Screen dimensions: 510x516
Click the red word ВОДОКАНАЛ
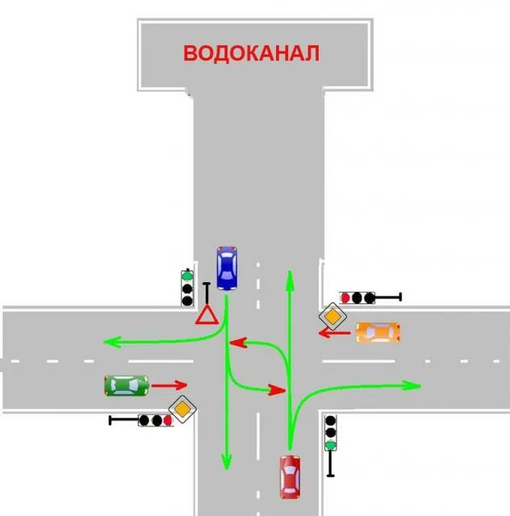click(x=251, y=53)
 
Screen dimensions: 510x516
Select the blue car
click(x=227, y=268)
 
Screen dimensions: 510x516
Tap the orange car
click(x=378, y=332)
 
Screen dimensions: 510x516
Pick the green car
click(x=126, y=385)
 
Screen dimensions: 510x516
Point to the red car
click(x=290, y=476)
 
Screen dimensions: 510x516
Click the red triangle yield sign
click(x=207, y=315)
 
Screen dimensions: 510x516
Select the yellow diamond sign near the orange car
click(x=332, y=316)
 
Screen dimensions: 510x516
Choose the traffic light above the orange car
click(x=357, y=298)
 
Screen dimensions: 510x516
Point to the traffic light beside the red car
click(x=330, y=433)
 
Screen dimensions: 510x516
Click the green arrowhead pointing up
click(x=289, y=278)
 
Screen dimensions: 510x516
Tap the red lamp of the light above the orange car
click(x=345, y=298)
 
